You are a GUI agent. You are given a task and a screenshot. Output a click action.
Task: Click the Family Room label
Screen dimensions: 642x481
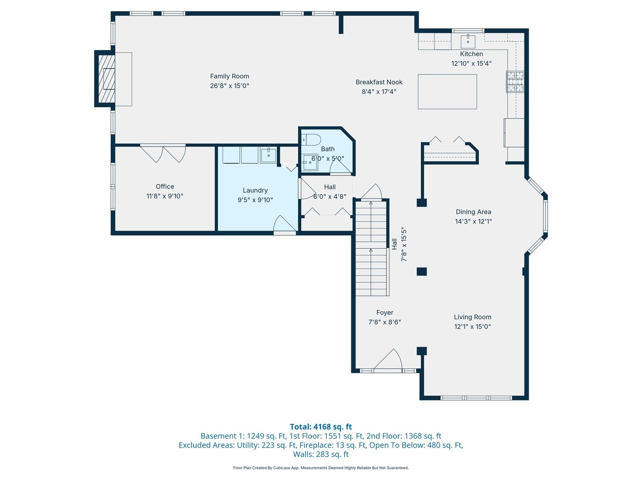pos(229,76)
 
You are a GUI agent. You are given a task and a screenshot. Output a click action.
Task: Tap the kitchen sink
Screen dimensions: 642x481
pos(468,41)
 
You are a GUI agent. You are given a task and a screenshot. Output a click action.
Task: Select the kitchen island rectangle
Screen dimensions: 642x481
pos(447,91)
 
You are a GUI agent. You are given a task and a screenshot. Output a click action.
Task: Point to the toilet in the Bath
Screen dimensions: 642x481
pos(311,140)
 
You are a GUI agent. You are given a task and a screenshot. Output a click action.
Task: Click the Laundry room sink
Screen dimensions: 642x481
pos(268,155)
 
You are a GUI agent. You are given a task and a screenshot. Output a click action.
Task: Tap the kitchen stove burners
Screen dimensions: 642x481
pos(515,82)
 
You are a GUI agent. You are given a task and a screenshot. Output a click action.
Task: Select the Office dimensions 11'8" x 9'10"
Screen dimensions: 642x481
pos(165,196)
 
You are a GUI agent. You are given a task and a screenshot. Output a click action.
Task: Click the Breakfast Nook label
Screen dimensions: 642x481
pos(379,82)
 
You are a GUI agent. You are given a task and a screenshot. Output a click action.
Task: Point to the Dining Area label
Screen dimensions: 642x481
pos(473,212)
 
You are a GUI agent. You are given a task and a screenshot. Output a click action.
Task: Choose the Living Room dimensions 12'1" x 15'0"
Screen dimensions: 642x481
pos(472,326)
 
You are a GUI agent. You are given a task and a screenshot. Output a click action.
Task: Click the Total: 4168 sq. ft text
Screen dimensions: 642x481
pos(321,427)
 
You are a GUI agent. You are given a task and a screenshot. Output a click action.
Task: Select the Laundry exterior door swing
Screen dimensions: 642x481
pos(284,223)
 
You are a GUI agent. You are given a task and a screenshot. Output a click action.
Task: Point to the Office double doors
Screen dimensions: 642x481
pos(163,154)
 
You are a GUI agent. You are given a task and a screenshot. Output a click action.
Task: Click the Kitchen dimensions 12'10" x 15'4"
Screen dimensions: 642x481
pos(471,63)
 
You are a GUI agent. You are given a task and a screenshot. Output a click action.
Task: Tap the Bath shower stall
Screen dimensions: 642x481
pos(310,162)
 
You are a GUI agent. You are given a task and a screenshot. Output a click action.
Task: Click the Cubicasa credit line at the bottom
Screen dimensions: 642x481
pos(321,468)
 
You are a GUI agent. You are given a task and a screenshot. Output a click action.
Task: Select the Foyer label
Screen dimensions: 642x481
pos(385,313)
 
